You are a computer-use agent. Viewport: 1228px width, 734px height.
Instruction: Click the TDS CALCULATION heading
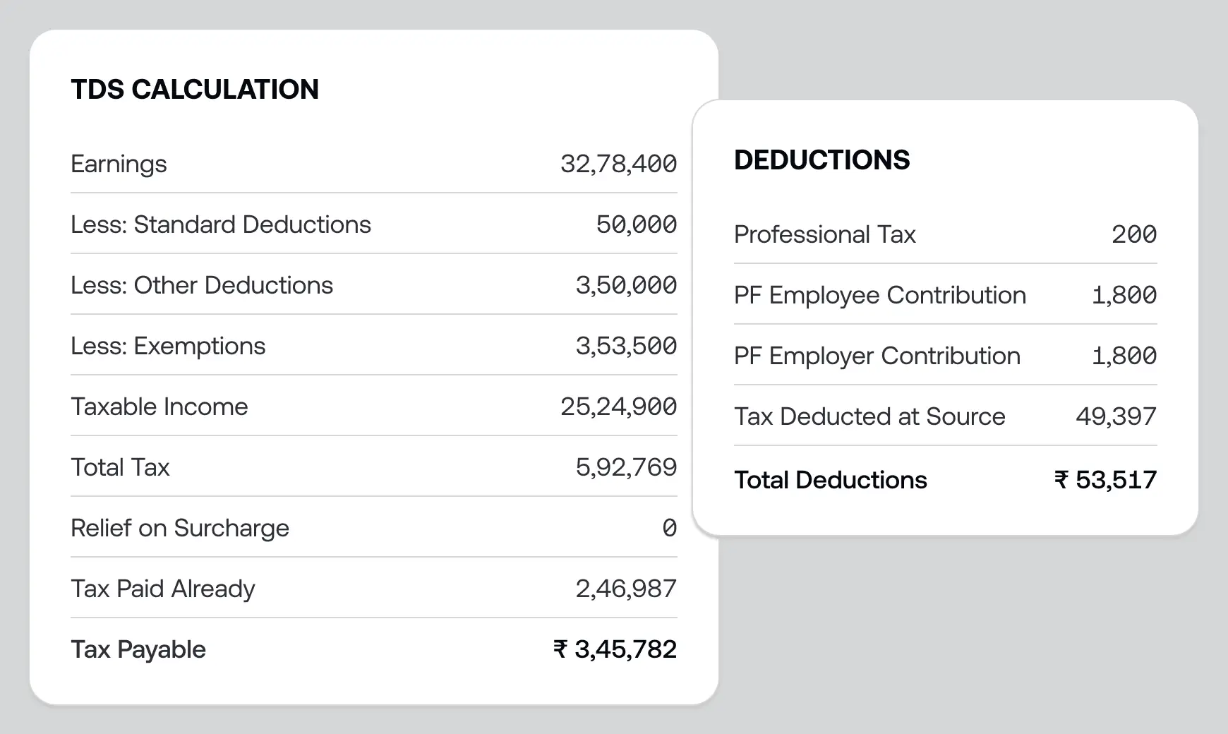195,90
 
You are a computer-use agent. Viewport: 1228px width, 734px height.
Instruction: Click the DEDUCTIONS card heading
821,160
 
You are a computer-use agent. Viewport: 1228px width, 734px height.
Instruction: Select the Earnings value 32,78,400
618,164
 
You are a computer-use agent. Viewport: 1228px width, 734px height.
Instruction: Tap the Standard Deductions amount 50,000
636,224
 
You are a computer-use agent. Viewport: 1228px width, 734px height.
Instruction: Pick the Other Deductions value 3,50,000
626,285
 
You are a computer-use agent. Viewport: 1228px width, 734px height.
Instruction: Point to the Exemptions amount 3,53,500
626,346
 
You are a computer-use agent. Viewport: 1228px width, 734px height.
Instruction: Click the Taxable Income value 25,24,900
618,407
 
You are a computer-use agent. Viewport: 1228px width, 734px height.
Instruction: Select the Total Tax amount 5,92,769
626,467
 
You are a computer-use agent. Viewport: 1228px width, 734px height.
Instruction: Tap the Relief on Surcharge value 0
669,528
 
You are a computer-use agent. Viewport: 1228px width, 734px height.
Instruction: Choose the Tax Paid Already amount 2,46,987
626,589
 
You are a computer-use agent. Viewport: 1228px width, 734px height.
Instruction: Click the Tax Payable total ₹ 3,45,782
615,649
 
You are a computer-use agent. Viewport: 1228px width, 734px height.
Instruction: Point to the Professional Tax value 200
1133,234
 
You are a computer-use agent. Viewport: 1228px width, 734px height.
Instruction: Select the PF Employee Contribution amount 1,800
1124,295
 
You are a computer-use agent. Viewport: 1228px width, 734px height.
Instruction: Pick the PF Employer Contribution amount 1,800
1124,356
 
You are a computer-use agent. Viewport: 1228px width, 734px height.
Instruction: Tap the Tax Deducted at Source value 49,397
1116,416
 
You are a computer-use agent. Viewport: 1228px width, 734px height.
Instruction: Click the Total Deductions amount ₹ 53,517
1105,480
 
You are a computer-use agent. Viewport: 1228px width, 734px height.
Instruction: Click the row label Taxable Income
159,407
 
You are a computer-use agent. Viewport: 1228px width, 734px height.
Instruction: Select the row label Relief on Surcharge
180,528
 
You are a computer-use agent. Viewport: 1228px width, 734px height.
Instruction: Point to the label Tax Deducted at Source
869,416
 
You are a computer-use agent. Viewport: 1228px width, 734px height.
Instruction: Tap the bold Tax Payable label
138,649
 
